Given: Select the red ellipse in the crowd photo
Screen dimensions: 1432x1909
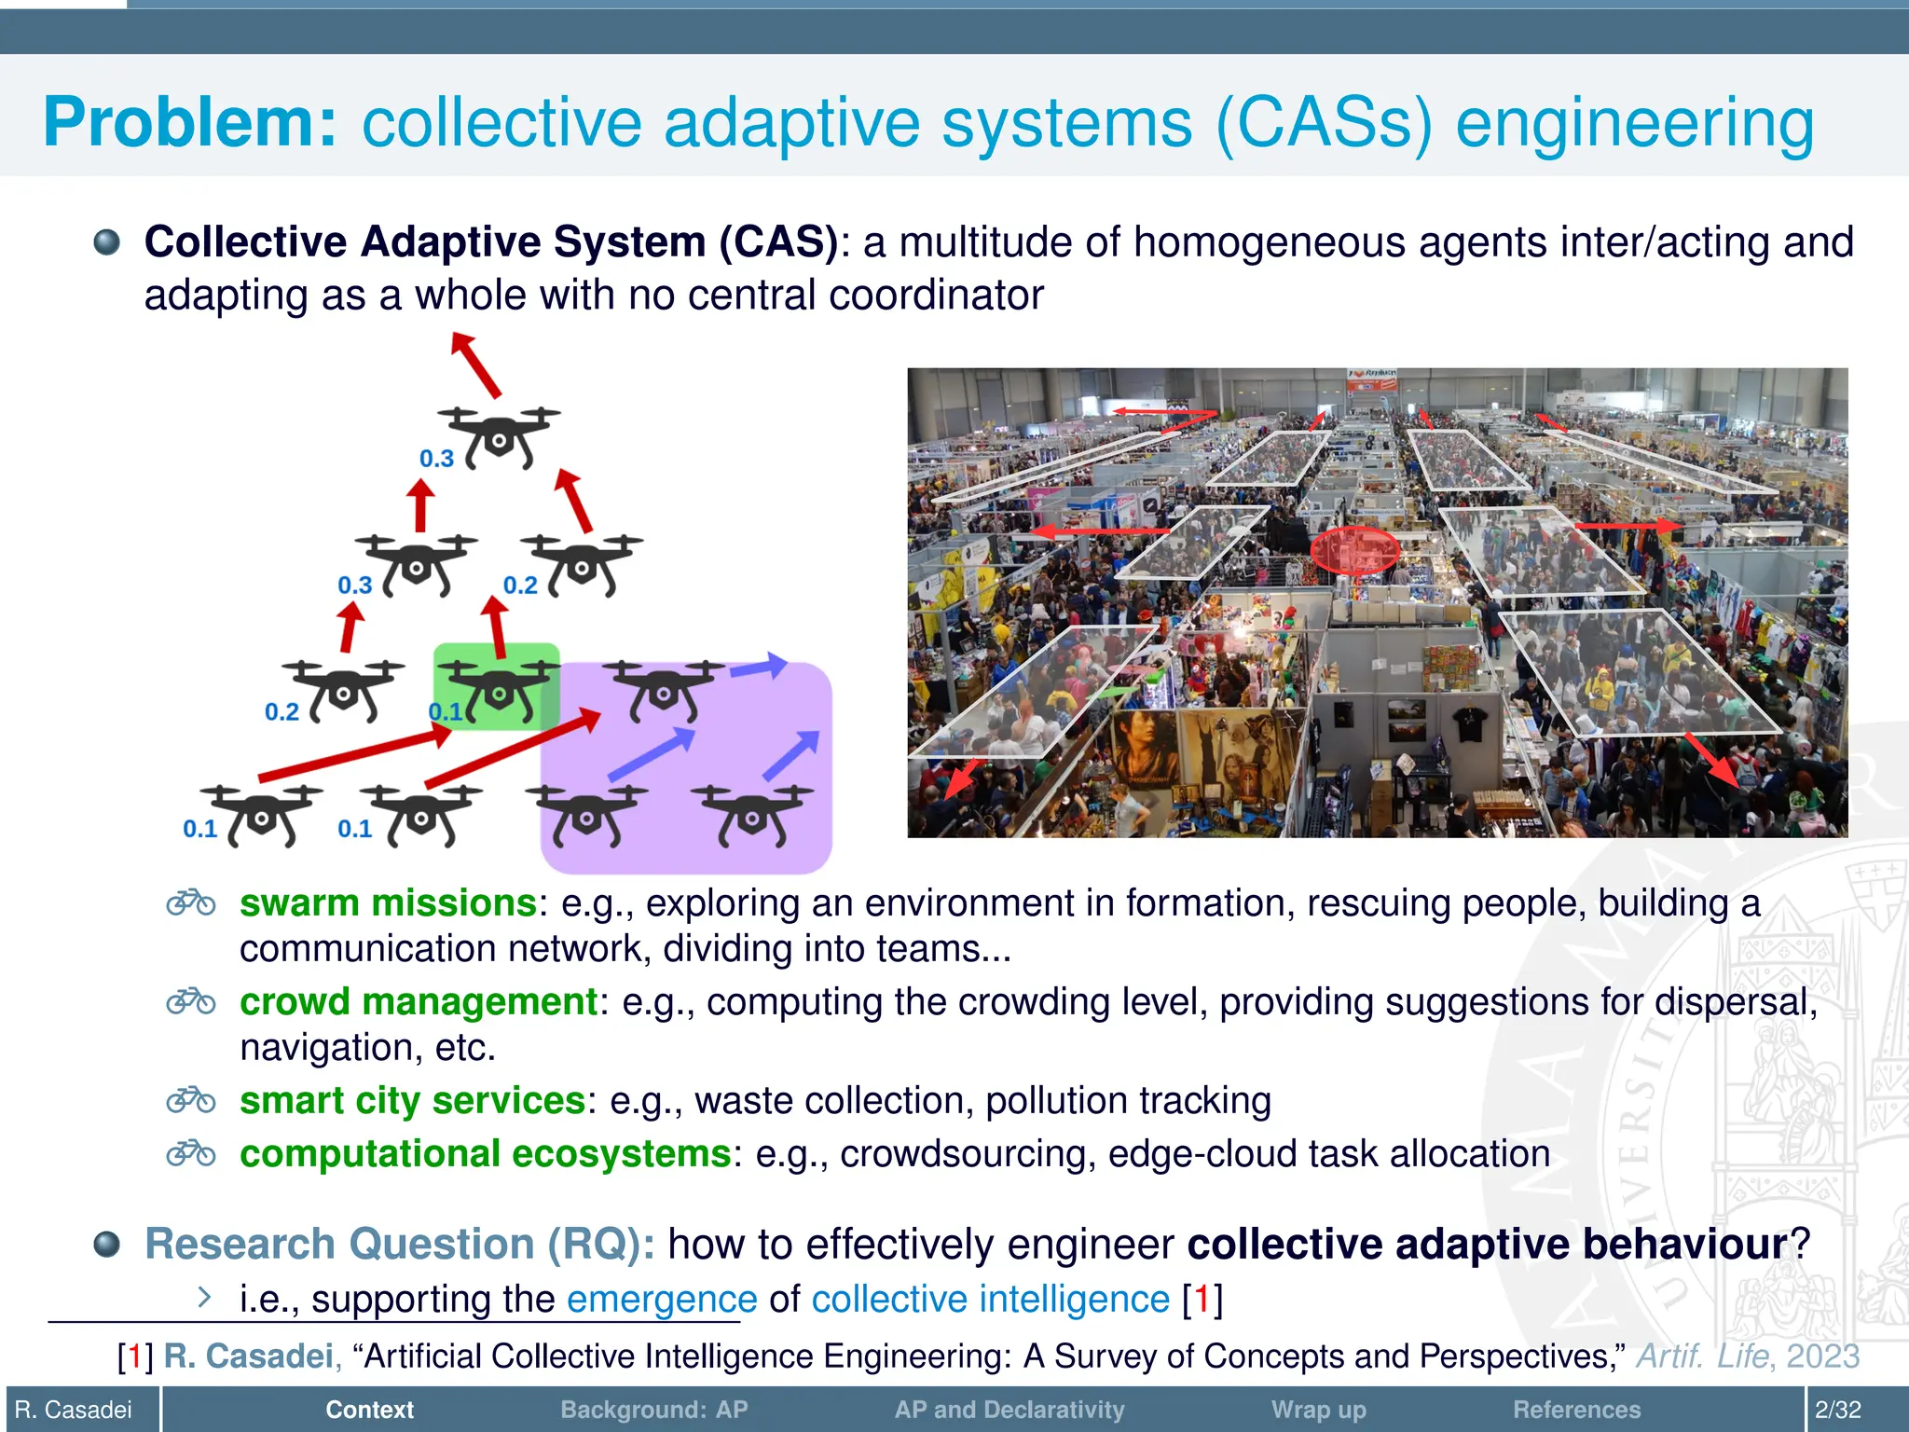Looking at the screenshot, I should point(1354,550).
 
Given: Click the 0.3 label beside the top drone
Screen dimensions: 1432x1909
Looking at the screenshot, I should point(436,459).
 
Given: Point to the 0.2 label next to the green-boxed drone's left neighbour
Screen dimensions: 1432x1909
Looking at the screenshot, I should point(282,712).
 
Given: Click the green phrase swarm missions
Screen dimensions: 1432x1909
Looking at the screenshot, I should point(388,902).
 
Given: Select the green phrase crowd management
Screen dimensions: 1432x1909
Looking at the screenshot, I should point(419,1001).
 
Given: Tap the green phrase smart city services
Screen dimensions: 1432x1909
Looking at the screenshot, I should point(412,1101).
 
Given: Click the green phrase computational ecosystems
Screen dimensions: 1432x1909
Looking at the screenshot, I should point(485,1154).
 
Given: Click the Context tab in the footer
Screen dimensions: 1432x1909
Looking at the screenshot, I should point(369,1410).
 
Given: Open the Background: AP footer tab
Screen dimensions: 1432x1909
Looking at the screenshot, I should point(653,1410).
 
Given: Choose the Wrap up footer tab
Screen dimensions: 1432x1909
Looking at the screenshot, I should point(1318,1410).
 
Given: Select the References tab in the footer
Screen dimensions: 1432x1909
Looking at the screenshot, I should point(1576,1410).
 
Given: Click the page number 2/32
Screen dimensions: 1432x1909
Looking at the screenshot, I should point(1837,1410).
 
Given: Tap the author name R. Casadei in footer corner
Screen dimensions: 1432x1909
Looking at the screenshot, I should point(74,1410).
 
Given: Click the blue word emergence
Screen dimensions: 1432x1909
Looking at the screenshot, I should point(662,1299).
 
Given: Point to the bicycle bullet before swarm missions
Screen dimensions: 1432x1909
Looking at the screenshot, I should point(191,902).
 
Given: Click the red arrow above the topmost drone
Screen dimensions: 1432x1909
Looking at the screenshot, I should point(476,365).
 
